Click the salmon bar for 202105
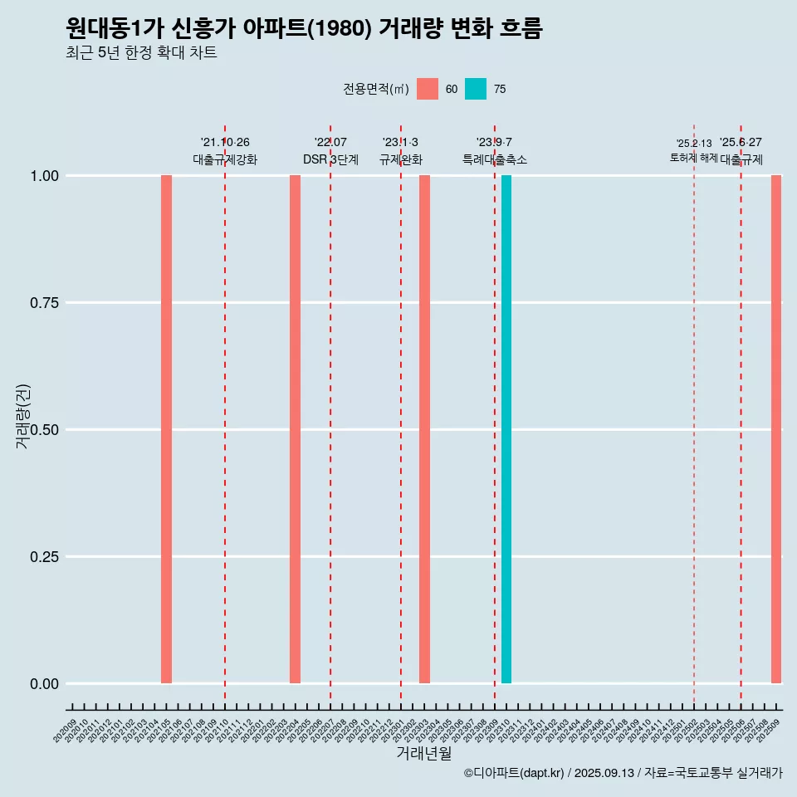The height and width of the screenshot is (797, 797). pos(166,429)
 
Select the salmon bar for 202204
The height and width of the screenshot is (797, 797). pos(295,429)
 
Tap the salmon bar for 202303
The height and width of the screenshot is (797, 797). pos(424,429)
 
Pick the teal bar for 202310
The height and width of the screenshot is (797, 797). pos(506,429)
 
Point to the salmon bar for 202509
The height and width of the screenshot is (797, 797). pos(776,429)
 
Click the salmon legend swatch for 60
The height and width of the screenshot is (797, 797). pos(428,89)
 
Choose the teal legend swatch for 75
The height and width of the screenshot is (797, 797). pos(476,89)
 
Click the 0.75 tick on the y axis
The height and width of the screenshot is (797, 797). pos(43,303)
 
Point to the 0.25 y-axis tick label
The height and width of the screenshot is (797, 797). pos(43,557)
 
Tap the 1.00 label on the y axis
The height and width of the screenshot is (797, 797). pos(43,176)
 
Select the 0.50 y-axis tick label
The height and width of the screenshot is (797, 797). pos(43,430)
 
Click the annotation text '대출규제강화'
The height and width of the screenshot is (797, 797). pos(225,159)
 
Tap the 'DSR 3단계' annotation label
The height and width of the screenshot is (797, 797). pos(330,159)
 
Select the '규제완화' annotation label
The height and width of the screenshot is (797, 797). pos(401,159)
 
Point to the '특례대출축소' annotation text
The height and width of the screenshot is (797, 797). pos(495,159)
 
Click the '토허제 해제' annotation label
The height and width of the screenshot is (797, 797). pos(693,158)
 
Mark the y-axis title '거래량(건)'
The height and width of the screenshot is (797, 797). pos(22,416)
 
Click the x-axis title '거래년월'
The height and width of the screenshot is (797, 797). pos(424,754)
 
